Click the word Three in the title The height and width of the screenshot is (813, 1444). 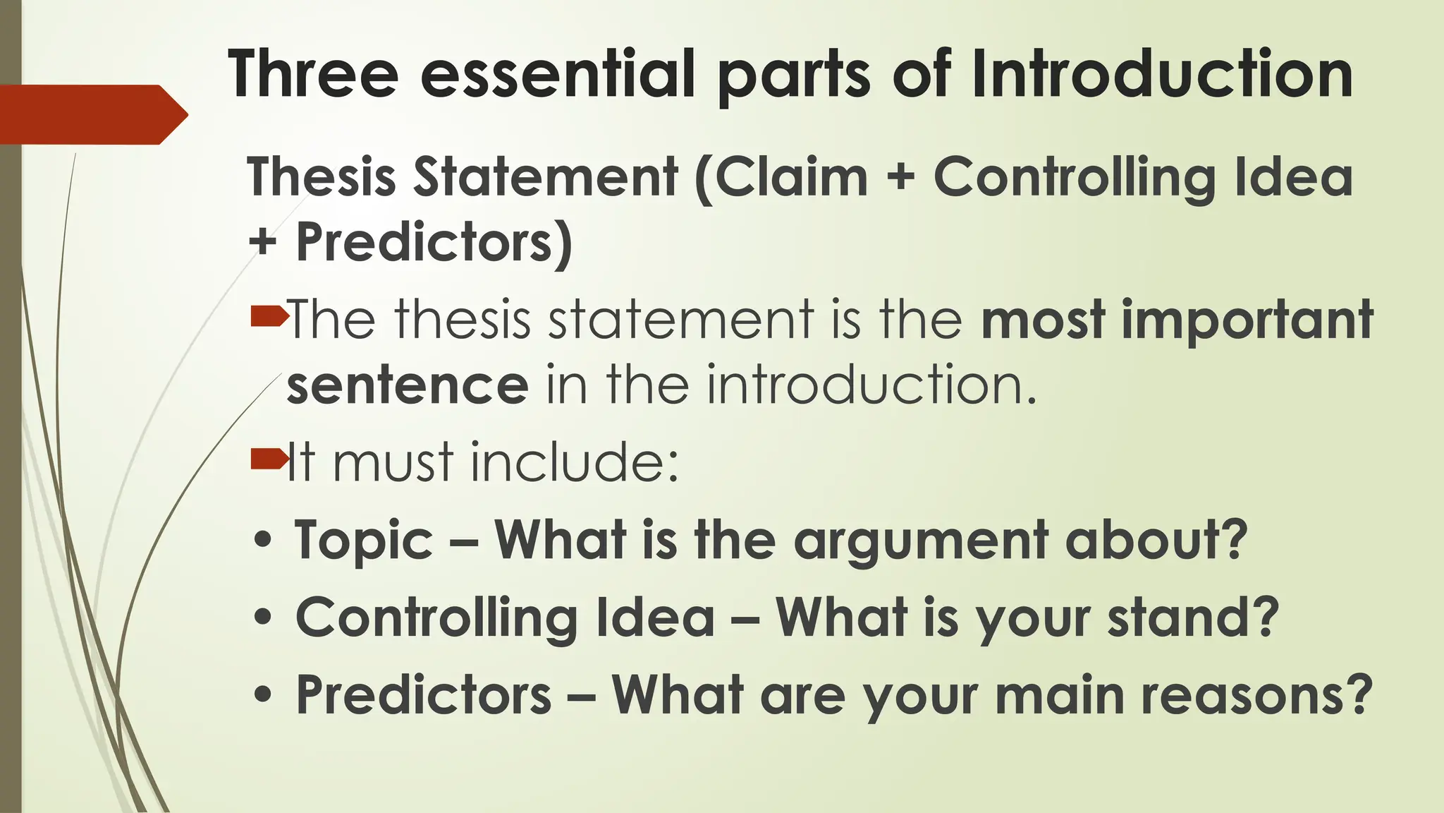313,74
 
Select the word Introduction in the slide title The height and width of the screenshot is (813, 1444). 1161,74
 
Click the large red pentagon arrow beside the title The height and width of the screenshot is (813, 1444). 92,114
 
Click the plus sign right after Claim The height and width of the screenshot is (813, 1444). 900,178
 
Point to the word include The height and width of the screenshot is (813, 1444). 574,462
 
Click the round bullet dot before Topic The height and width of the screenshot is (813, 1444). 262,542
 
